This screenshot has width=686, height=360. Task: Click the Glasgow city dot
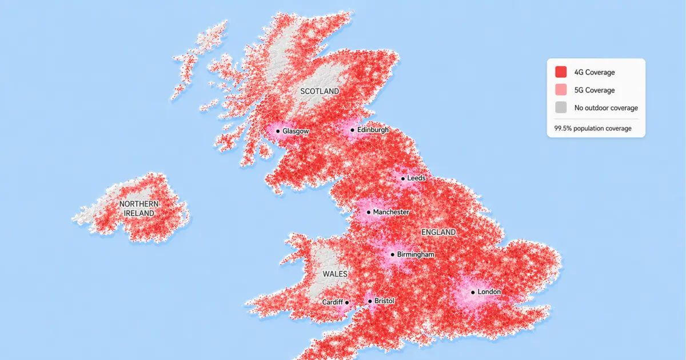pos(278,131)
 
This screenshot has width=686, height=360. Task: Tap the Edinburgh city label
pos(372,130)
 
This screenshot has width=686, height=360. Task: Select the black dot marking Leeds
pos(402,178)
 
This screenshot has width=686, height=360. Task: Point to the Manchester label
pos(391,212)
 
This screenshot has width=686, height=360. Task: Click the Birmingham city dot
pos(392,254)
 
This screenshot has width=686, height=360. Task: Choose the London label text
pos(489,292)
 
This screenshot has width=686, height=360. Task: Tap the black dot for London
pos(473,293)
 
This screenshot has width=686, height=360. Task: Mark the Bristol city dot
pos(369,301)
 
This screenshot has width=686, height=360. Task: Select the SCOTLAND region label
pos(320,91)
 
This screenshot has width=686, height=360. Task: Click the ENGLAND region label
pos(438,233)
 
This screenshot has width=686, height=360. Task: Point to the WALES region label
pos(335,274)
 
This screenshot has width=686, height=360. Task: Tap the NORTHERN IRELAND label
pos(139,209)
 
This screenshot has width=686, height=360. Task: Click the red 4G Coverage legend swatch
pos(561,72)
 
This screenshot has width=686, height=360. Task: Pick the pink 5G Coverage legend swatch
pos(561,90)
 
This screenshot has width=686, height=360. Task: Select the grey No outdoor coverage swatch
pos(561,107)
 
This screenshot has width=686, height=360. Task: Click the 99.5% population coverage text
pos(593,129)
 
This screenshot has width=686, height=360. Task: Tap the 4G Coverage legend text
pos(595,73)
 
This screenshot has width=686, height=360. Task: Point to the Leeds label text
pos(416,178)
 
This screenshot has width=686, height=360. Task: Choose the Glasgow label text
pos(296,131)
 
